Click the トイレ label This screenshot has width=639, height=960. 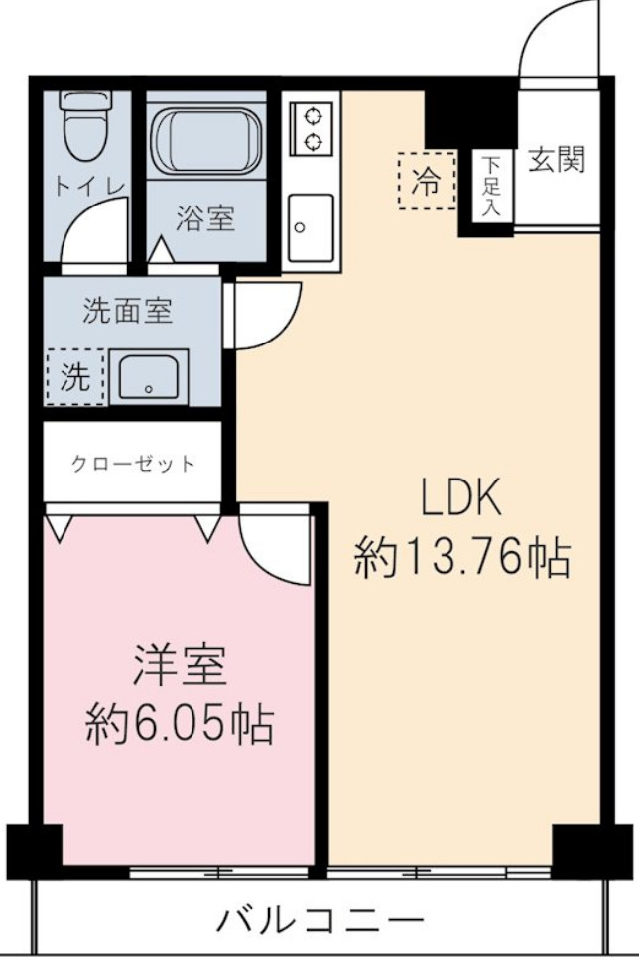pyautogui.click(x=90, y=186)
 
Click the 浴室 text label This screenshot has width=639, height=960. pyautogui.click(x=205, y=219)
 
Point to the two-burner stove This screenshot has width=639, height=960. pyautogui.click(x=313, y=127)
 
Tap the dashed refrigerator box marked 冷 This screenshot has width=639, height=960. pyautogui.click(x=427, y=181)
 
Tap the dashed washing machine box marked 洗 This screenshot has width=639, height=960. pyautogui.click(x=74, y=377)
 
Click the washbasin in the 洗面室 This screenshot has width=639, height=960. pyautogui.click(x=148, y=377)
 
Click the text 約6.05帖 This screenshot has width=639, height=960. pyautogui.click(x=180, y=727)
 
